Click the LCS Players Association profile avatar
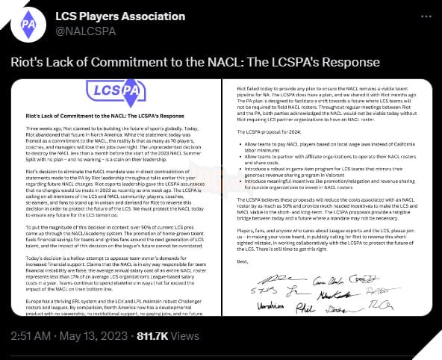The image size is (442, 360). click(27, 24)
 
